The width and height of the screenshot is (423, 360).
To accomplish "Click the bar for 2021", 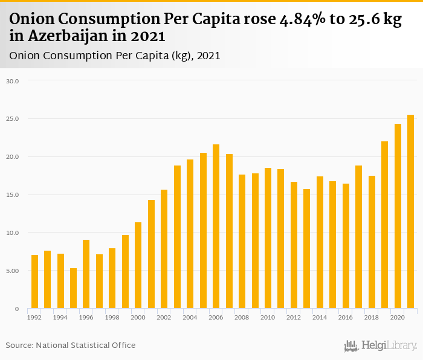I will pyautogui.click(x=410, y=212).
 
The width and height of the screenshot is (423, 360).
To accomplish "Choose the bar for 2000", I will pyautogui.click(x=138, y=266).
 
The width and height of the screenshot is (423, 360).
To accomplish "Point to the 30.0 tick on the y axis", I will pyautogui.click(x=13, y=81).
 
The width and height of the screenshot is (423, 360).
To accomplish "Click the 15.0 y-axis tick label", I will pyautogui.click(x=13, y=195).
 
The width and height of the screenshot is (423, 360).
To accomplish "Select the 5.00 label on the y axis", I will pyautogui.click(x=13, y=271).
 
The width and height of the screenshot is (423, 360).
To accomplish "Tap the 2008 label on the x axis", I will pyautogui.click(x=242, y=317).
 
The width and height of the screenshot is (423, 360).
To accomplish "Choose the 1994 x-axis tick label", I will pyautogui.click(x=60, y=317).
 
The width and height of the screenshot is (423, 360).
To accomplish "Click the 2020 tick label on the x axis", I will pyautogui.click(x=397, y=317).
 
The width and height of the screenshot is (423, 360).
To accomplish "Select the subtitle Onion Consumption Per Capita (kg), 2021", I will pyautogui.click(x=115, y=56).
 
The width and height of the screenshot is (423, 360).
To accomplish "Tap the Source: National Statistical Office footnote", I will pyautogui.click(x=71, y=345).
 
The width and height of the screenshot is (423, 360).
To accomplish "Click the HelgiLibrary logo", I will pyautogui.click(x=381, y=346).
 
